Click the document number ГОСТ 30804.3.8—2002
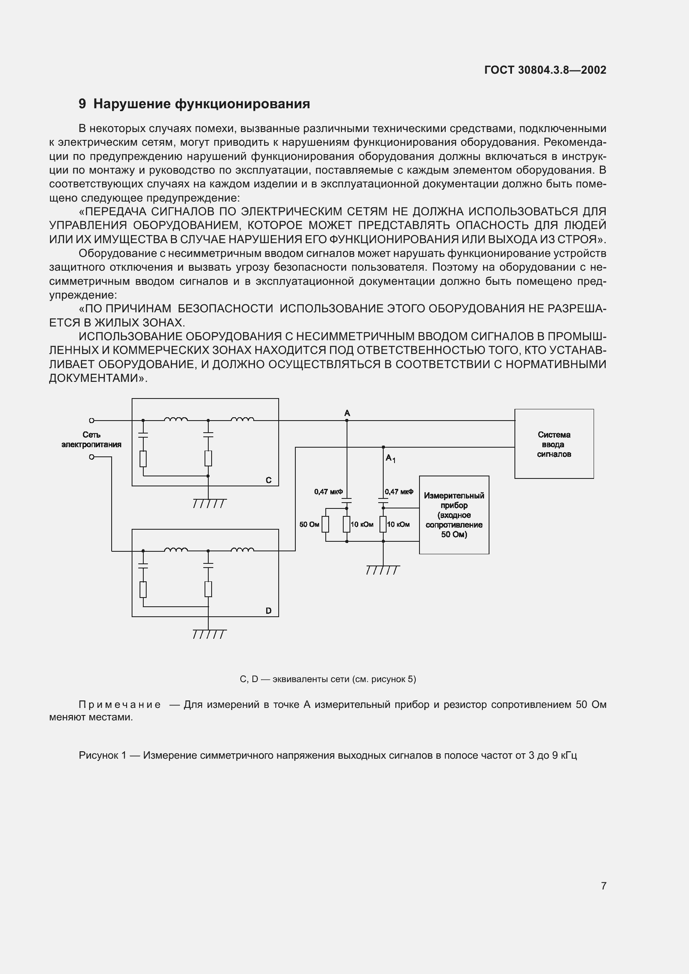(545, 70)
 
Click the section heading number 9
(82, 104)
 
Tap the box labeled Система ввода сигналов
(554, 444)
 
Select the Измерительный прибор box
(454, 515)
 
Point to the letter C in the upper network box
(268, 480)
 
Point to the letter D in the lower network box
(268, 611)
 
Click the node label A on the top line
(347, 413)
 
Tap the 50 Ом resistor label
(309, 524)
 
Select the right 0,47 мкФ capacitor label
(399, 492)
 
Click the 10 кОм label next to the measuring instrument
(398, 524)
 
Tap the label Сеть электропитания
(91, 439)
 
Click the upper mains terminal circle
(91, 421)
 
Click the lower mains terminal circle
(91, 457)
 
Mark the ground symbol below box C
(209, 503)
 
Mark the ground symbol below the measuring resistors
(383, 570)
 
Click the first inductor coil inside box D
(176, 550)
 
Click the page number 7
(603, 886)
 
